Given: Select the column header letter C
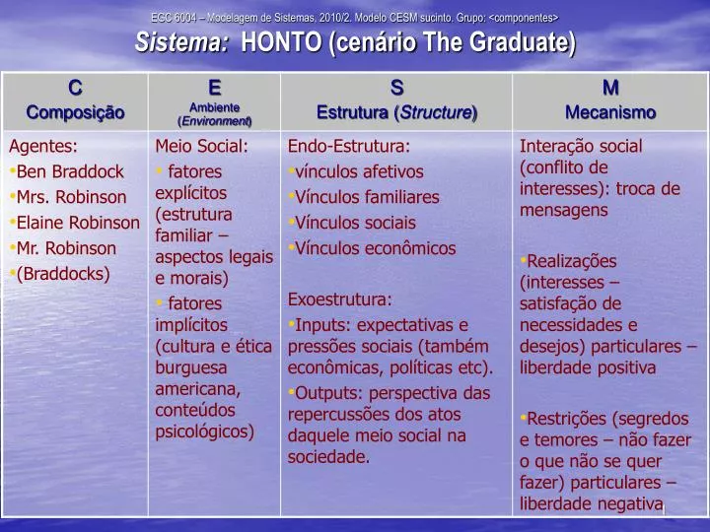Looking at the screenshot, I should point(75,89).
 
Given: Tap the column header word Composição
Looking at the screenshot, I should point(75,112).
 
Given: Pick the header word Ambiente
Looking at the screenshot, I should point(215,107).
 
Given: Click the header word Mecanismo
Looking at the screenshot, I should point(610,112).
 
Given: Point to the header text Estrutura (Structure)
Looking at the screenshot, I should point(396,112).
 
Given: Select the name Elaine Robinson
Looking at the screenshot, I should point(78,223).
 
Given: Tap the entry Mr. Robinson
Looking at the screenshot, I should point(66,248).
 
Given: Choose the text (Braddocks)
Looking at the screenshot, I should point(63,274).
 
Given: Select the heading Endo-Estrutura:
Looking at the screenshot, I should point(348,147).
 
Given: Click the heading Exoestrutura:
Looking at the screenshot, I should point(340,299).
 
